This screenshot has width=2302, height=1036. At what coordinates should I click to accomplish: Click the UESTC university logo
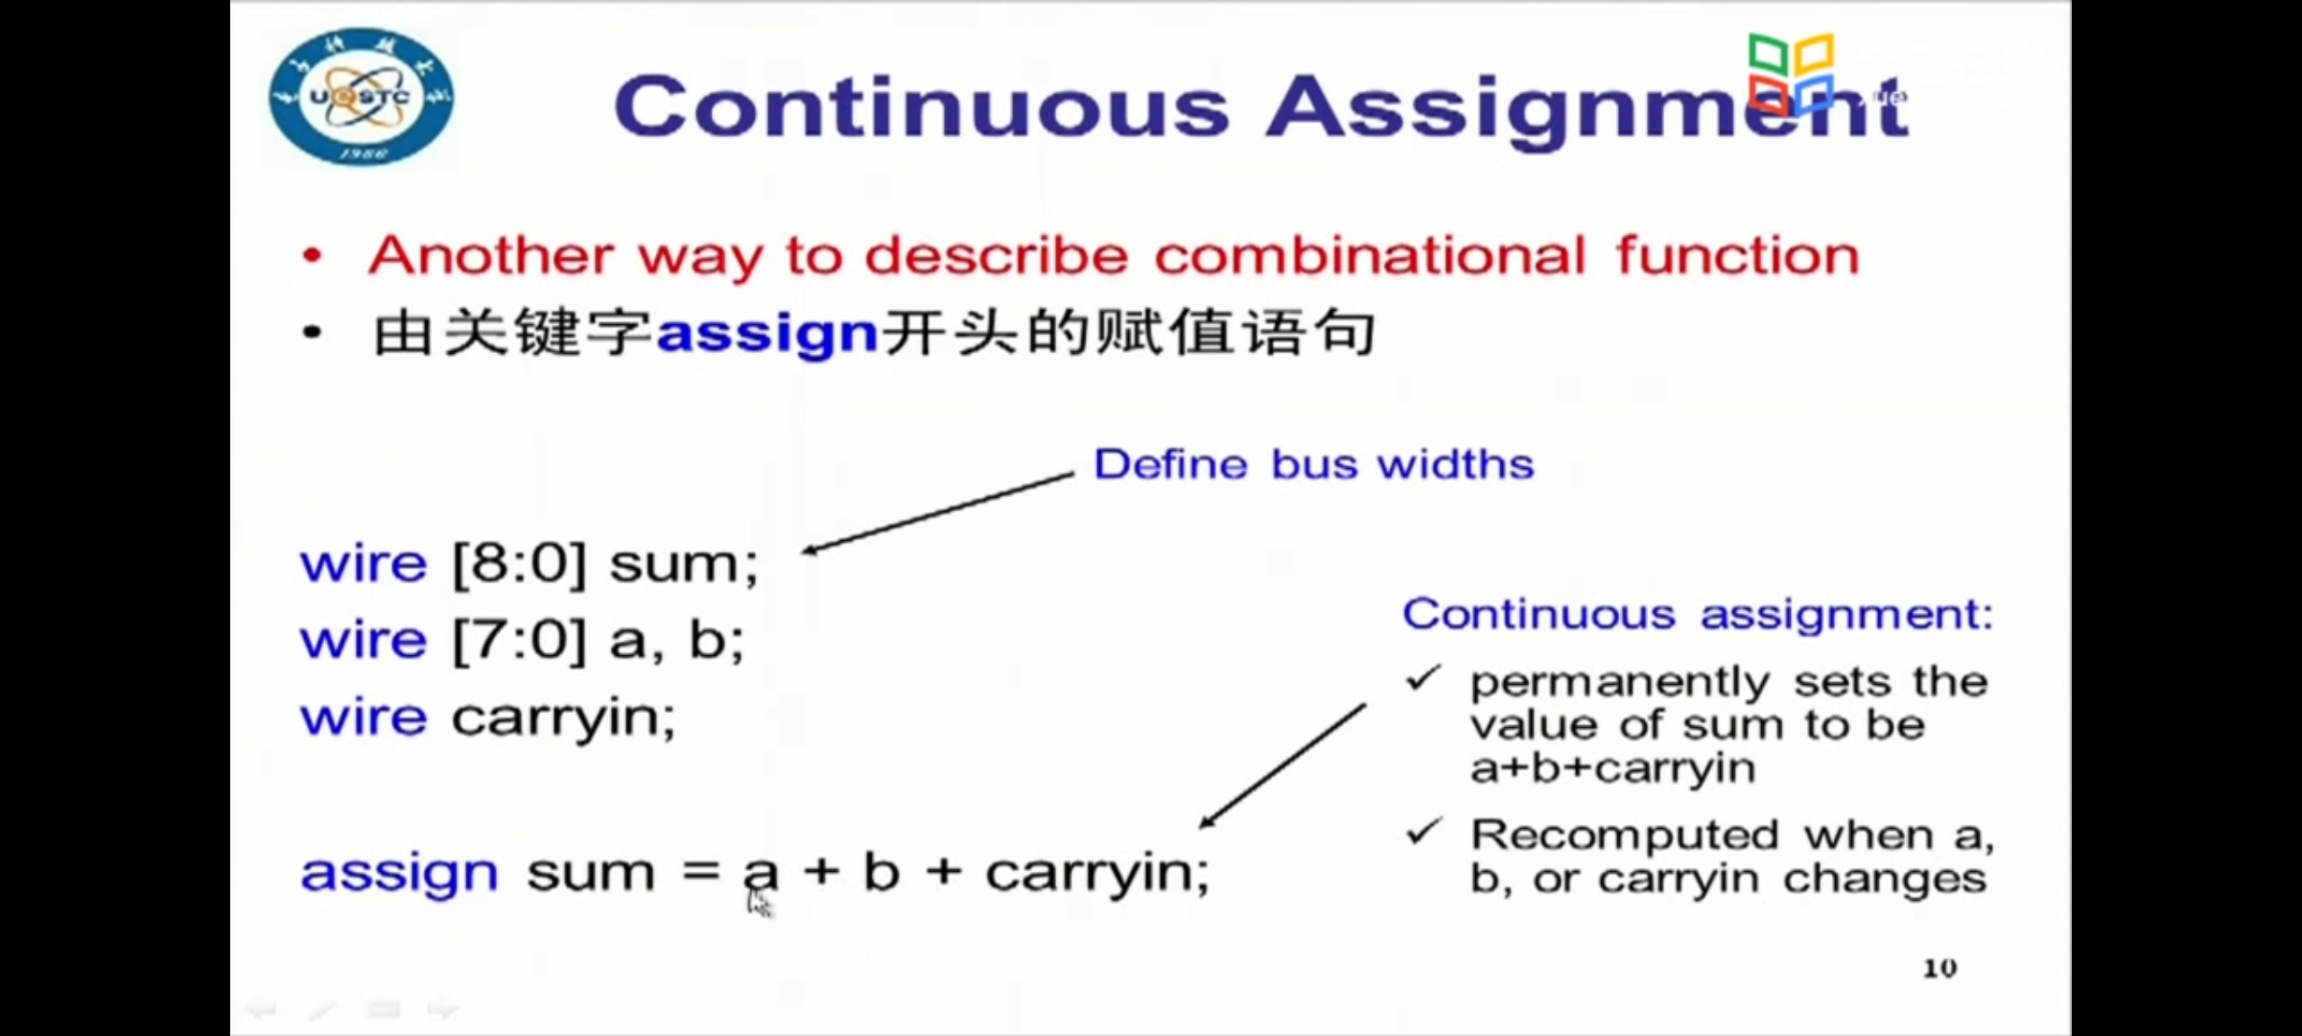tap(362, 97)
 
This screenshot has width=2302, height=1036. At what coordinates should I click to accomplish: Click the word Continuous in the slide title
tap(922, 107)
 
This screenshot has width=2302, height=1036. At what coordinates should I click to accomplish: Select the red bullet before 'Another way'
tap(312, 257)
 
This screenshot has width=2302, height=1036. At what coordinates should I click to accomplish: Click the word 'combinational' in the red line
tap(1371, 256)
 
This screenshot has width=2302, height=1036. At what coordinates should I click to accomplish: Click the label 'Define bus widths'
tap(1314, 465)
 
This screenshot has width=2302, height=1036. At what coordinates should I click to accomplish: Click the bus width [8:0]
tap(519, 563)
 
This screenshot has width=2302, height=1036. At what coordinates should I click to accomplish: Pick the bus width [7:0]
tap(519, 640)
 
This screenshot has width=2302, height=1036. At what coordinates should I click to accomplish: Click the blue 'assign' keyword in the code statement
tap(399, 874)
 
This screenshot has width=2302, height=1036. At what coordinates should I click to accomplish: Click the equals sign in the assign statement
tap(701, 872)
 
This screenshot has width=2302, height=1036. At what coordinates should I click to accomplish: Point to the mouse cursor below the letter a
tap(759, 902)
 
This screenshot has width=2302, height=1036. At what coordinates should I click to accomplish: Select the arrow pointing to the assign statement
tap(1282, 766)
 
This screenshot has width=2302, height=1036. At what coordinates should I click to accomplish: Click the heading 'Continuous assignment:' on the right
tap(1698, 614)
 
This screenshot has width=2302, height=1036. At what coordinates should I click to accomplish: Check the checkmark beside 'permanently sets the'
tap(1423, 678)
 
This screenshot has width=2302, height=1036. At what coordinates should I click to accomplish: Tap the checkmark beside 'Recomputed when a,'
tap(1423, 831)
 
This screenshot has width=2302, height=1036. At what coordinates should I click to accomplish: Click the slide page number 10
tap(1939, 969)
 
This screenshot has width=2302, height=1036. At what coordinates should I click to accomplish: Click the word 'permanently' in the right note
tap(1620, 683)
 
